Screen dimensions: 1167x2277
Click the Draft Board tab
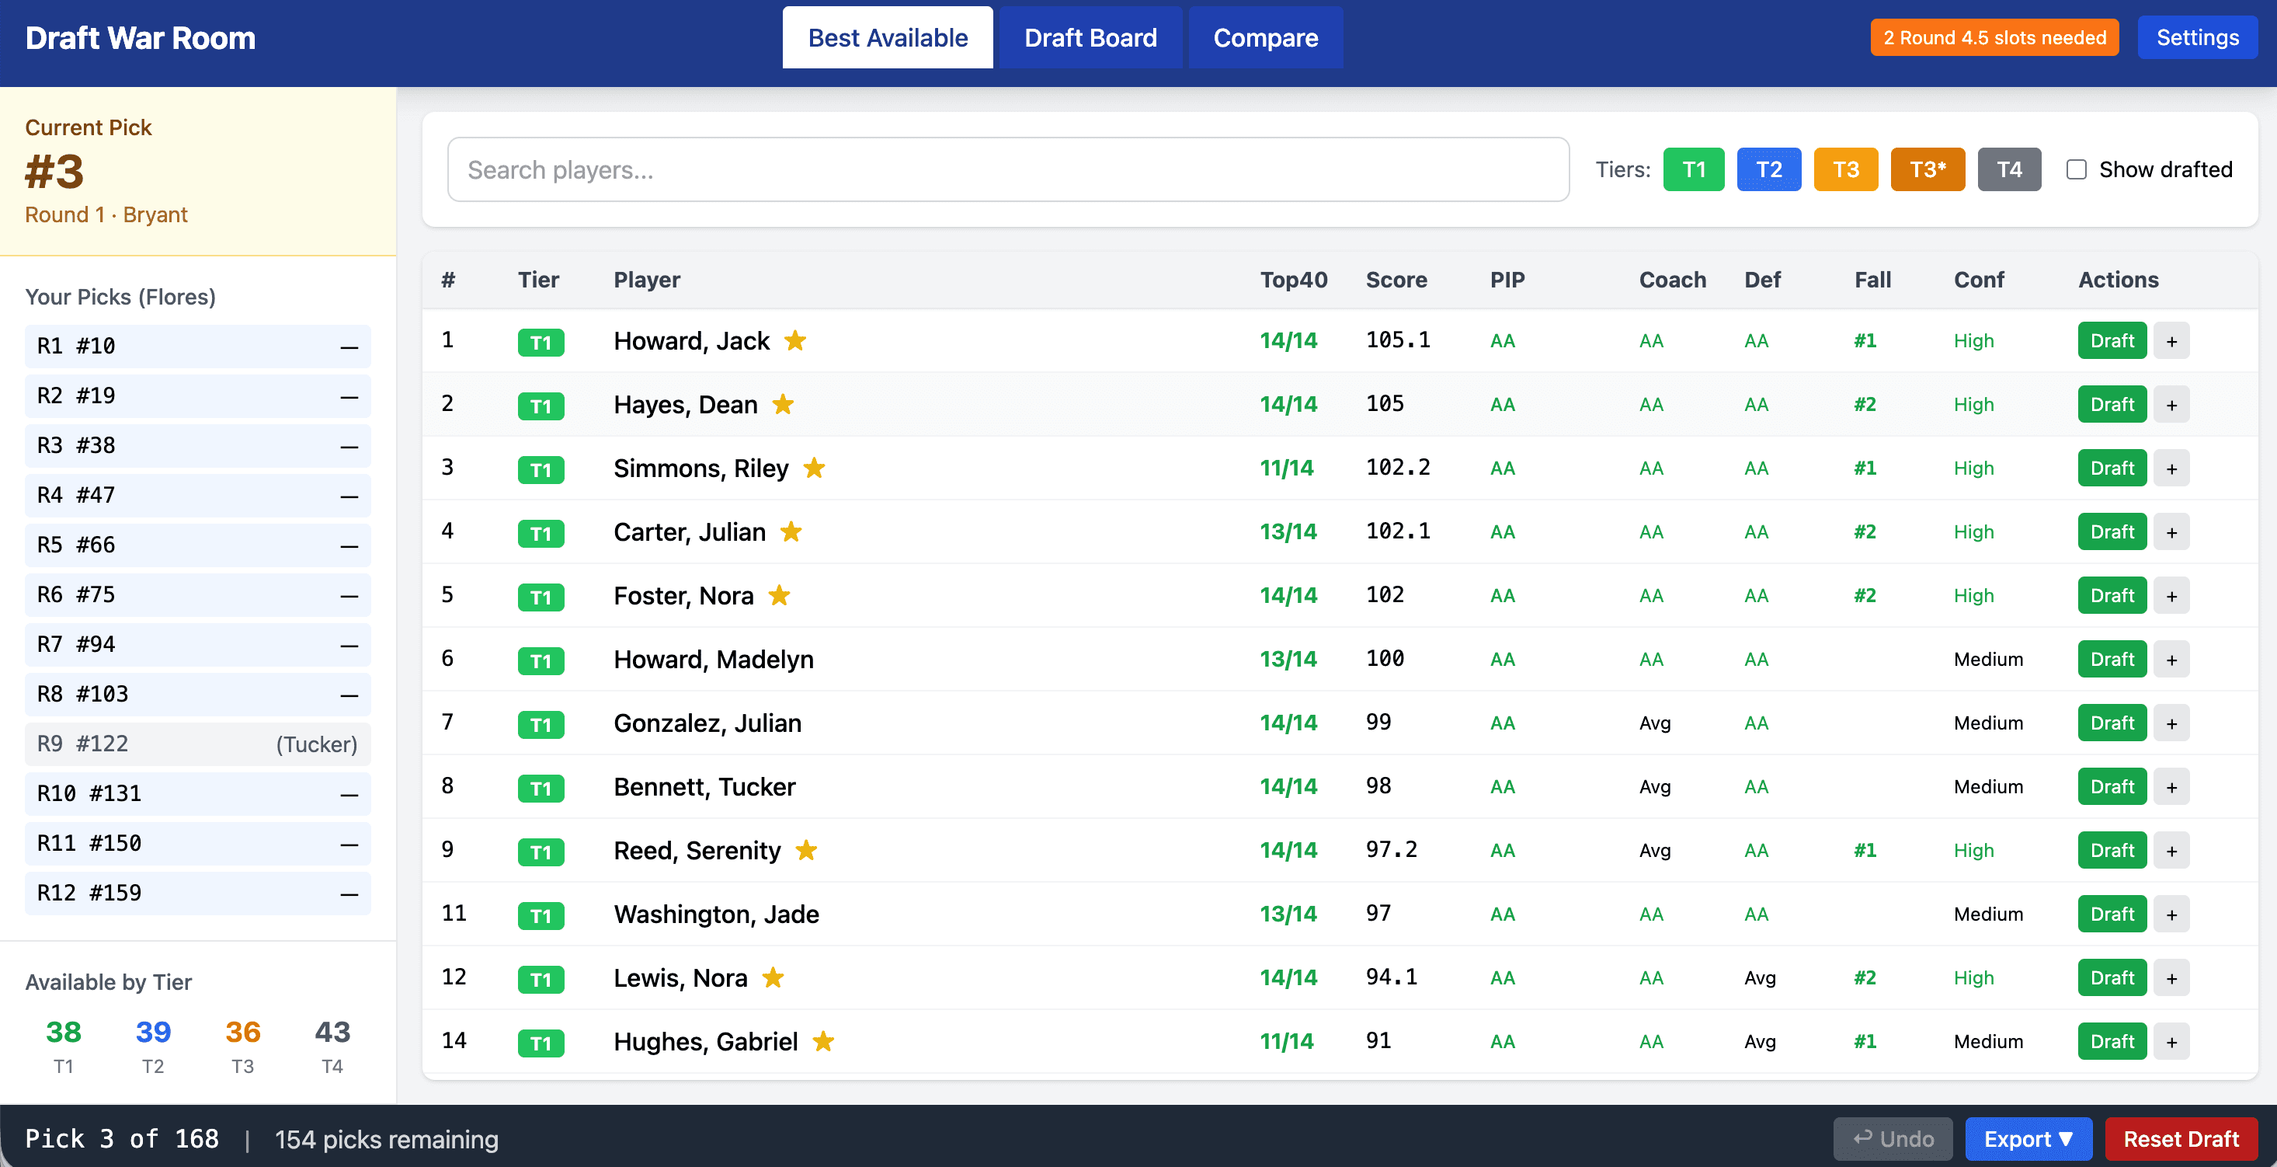1090,38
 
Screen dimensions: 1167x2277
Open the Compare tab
1265,38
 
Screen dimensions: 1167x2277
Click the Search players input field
1008,169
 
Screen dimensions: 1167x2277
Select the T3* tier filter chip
1927,169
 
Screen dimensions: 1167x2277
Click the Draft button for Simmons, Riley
2111,469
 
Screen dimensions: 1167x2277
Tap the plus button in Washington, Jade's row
2171,915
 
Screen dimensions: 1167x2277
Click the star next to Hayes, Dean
783,405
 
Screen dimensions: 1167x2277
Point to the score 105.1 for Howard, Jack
1397,340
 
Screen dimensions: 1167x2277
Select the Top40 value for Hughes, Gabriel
1286,1041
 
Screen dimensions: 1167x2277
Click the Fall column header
1872,280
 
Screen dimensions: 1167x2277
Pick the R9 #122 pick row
197,744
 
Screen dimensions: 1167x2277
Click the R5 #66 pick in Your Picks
197,545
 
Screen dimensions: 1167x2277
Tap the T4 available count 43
332,1033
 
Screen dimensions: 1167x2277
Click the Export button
2028,1139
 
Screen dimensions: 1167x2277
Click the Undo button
1893,1139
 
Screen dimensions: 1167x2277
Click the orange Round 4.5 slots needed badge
1994,38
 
